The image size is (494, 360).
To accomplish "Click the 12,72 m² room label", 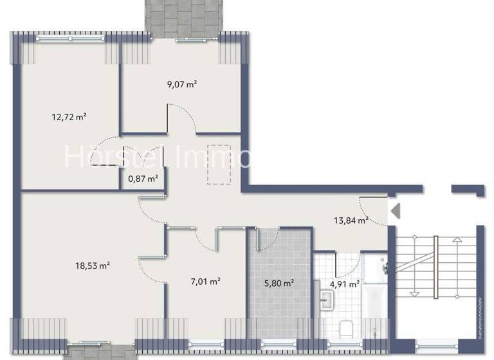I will tap(69, 117).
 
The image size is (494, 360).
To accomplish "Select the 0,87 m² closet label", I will tap(143, 179).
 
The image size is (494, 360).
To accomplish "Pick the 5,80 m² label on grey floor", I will tap(279, 282).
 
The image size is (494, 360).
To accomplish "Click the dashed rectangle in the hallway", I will tap(219, 165).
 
